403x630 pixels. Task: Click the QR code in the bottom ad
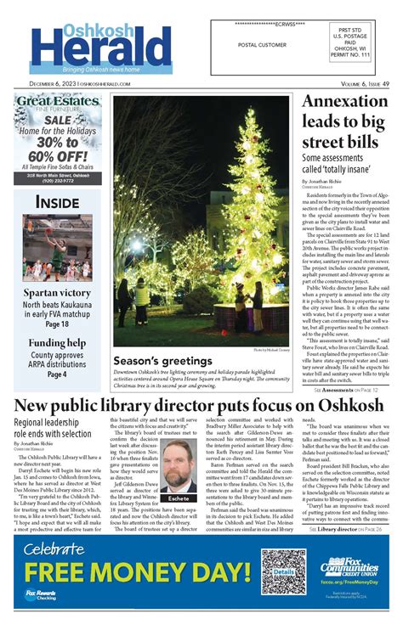[x=283, y=574]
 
